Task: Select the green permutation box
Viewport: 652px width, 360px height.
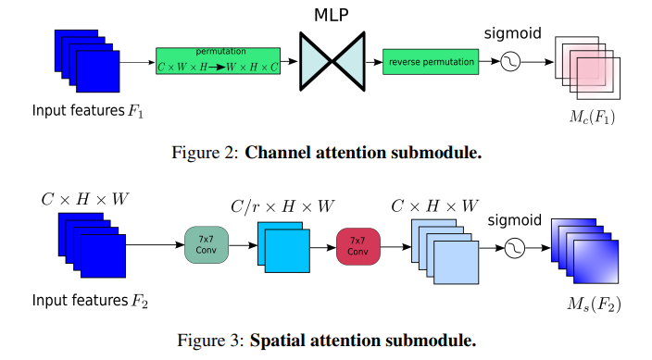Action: pyautogui.click(x=218, y=61)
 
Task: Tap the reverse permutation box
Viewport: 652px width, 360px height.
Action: pyautogui.click(x=429, y=61)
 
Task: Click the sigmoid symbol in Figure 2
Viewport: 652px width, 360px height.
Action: pyautogui.click(x=510, y=61)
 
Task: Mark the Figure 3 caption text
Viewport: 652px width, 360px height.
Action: pyautogui.click(x=327, y=340)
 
